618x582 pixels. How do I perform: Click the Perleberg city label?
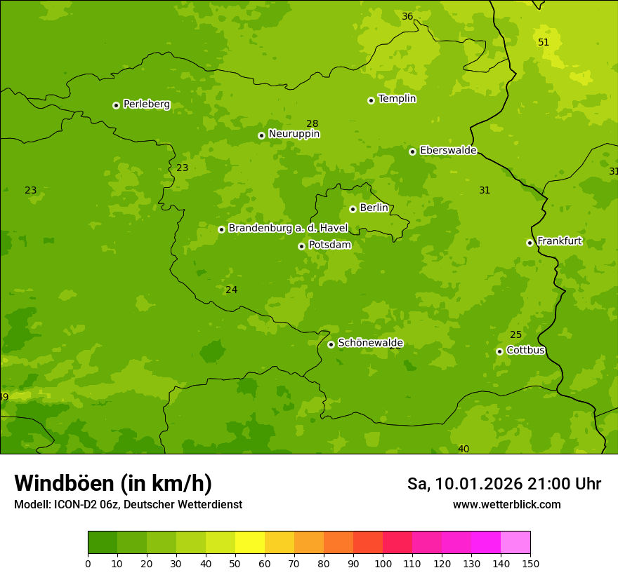pyautogui.click(x=146, y=104)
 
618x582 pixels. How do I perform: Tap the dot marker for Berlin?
pyautogui.click(x=353, y=209)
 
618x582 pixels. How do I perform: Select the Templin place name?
pyautogui.click(x=397, y=99)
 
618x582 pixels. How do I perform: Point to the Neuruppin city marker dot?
pyautogui.click(x=261, y=135)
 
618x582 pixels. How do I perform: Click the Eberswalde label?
pyautogui.click(x=448, y=151)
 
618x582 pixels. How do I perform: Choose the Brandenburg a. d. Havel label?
pyautogui.click(x=288, y=229)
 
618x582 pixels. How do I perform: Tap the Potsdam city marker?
pyautogui.click(x=301, y=246)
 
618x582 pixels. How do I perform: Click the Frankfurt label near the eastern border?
pyautogui.click(x=559, y=241)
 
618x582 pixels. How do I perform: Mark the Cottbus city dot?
pyautogui.click(x=499, y=351)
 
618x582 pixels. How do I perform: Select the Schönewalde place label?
pyautogui.click(x=370, y=343)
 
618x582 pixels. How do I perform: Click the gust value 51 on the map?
pyautogui.click(x=544, y=43)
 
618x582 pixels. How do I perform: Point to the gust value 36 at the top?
pyautogui.click(x=407, y=17)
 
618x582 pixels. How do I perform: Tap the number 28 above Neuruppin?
pyautogui.click(x=313, y=124)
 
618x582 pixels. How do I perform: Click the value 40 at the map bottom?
pyautogui.click(x=463, y=449)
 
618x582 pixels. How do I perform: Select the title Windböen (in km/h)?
pyautogui.click(x=113, y=483)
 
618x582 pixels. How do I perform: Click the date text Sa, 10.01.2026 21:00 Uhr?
pyautogui.click(x=504, y=484)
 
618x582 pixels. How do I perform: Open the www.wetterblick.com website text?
pyautogui.click(x=506, y=505)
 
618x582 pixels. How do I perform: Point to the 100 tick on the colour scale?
pyautogui.click(x=383, y=563)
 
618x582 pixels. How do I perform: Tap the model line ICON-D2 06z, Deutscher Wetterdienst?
pyautogui.click(x=128, y=505)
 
